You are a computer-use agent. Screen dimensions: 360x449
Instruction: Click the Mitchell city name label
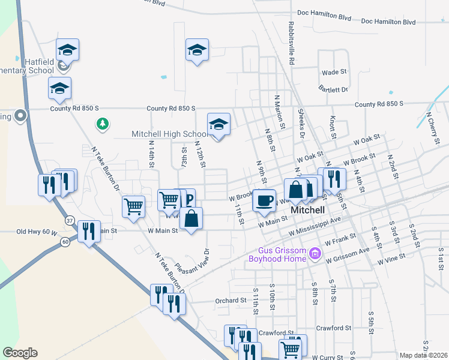click(x=307, y=211)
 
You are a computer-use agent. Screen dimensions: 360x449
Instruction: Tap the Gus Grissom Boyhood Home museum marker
click(x=315, y=256)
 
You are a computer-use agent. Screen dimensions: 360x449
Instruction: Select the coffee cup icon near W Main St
click(x=264, y=200)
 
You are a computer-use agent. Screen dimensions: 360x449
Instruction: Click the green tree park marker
click(x=103, y=124)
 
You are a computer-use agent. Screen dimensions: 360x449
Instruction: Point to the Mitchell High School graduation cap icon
click(x=218, y=124)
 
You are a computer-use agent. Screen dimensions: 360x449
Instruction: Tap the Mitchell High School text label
click(x=170, y=134)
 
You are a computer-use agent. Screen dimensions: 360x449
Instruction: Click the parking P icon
click(x=188, y=198)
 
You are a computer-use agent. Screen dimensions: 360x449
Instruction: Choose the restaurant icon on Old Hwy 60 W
click(x=89, y=231)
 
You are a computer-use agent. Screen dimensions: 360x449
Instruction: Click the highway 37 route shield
click(x=70, y=220)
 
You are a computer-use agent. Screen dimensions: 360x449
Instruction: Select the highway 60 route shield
click(x=82, y=241)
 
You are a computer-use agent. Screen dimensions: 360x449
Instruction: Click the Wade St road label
click(x=334, y=72)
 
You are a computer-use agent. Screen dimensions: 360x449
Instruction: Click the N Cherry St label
click(x=432, y=123)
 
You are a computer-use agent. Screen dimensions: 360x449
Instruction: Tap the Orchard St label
click(x=231, y=300)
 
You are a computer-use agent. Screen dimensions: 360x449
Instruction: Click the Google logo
click(x=20, y=353)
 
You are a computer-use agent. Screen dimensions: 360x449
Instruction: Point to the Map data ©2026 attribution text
click(x=423, y=355)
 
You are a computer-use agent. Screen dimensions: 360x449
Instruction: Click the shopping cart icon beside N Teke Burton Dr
click(x=133, y=206)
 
